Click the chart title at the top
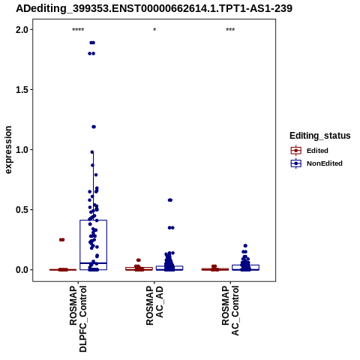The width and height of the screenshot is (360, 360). tap(154, 8)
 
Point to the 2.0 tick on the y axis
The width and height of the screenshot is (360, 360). tap(21, 30)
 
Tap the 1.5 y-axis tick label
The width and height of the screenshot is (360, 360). tap(21, 90)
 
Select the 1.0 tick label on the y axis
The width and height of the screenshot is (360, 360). tap(21, 150)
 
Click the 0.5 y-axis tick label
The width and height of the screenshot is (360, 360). tap(21, 210)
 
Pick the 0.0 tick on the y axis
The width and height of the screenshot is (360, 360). tap(21, 270)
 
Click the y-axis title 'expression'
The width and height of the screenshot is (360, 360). tap(8, 150)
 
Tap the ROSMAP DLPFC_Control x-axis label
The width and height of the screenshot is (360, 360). tap(78, 319)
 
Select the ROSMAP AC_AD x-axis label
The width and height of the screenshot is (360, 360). tap(154, 305)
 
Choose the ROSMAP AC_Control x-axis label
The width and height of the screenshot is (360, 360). tap(230, 310)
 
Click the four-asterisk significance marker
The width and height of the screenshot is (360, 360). tap(78, 30)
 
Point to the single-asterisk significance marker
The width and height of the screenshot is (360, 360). tap(154, 30)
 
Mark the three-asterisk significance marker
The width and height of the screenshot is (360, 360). tap(230, 30)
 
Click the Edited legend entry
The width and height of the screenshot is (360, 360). tap(309, 151)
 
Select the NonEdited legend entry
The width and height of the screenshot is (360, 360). tap(316, 163)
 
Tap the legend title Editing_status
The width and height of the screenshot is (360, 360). tap(320, 136)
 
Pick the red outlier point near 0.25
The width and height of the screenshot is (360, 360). tap(61, 240)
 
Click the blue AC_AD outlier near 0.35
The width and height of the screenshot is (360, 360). tap(171, 228)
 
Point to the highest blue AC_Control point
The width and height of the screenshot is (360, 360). tap(245, 246)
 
